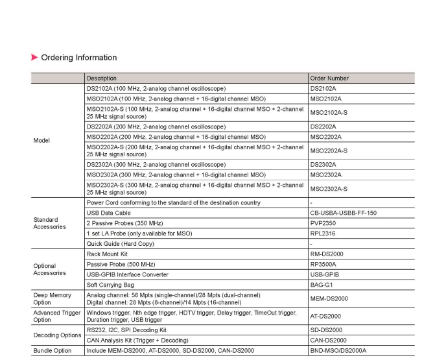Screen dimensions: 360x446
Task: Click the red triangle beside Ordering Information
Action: [34, 58]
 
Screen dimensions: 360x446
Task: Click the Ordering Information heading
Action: [78, 58]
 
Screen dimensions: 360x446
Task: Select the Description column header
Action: [102, 78]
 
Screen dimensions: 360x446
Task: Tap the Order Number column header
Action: [329, 78]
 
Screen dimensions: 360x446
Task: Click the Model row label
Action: [41, 140]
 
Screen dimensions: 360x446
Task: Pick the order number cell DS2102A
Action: [323, 88]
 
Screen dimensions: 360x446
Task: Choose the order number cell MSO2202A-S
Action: [329, 150]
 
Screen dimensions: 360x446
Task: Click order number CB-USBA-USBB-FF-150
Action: [343, 213]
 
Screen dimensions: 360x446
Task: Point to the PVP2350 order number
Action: [323, 223]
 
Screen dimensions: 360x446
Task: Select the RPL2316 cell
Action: [323, 234]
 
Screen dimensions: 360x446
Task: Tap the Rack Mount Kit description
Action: [107, 254]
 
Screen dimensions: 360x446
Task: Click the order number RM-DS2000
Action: [327, 254]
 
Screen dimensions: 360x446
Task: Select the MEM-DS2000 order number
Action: [329, 298]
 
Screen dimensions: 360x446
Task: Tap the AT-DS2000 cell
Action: [326, 316]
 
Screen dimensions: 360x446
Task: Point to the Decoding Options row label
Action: [57, 335]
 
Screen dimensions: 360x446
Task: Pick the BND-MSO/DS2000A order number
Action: [338, 350]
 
